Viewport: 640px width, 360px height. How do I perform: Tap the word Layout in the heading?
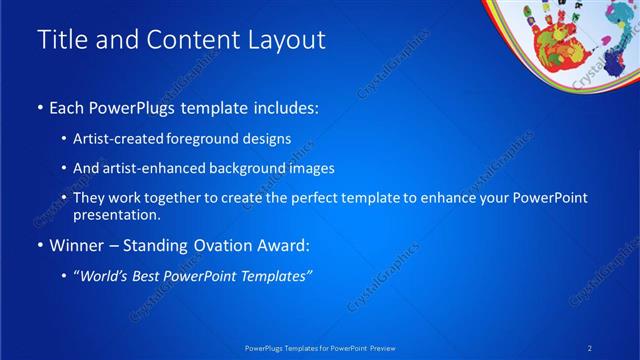pyautogui.click(x=284, y=40)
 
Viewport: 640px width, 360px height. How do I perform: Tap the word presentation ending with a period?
pyautogui.click(x=116, y=215)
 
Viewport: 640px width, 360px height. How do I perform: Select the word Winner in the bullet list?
pyautogui.click(x=76, y=246)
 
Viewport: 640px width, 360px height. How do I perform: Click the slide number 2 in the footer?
pyautogui.click(x=591, y=347)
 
